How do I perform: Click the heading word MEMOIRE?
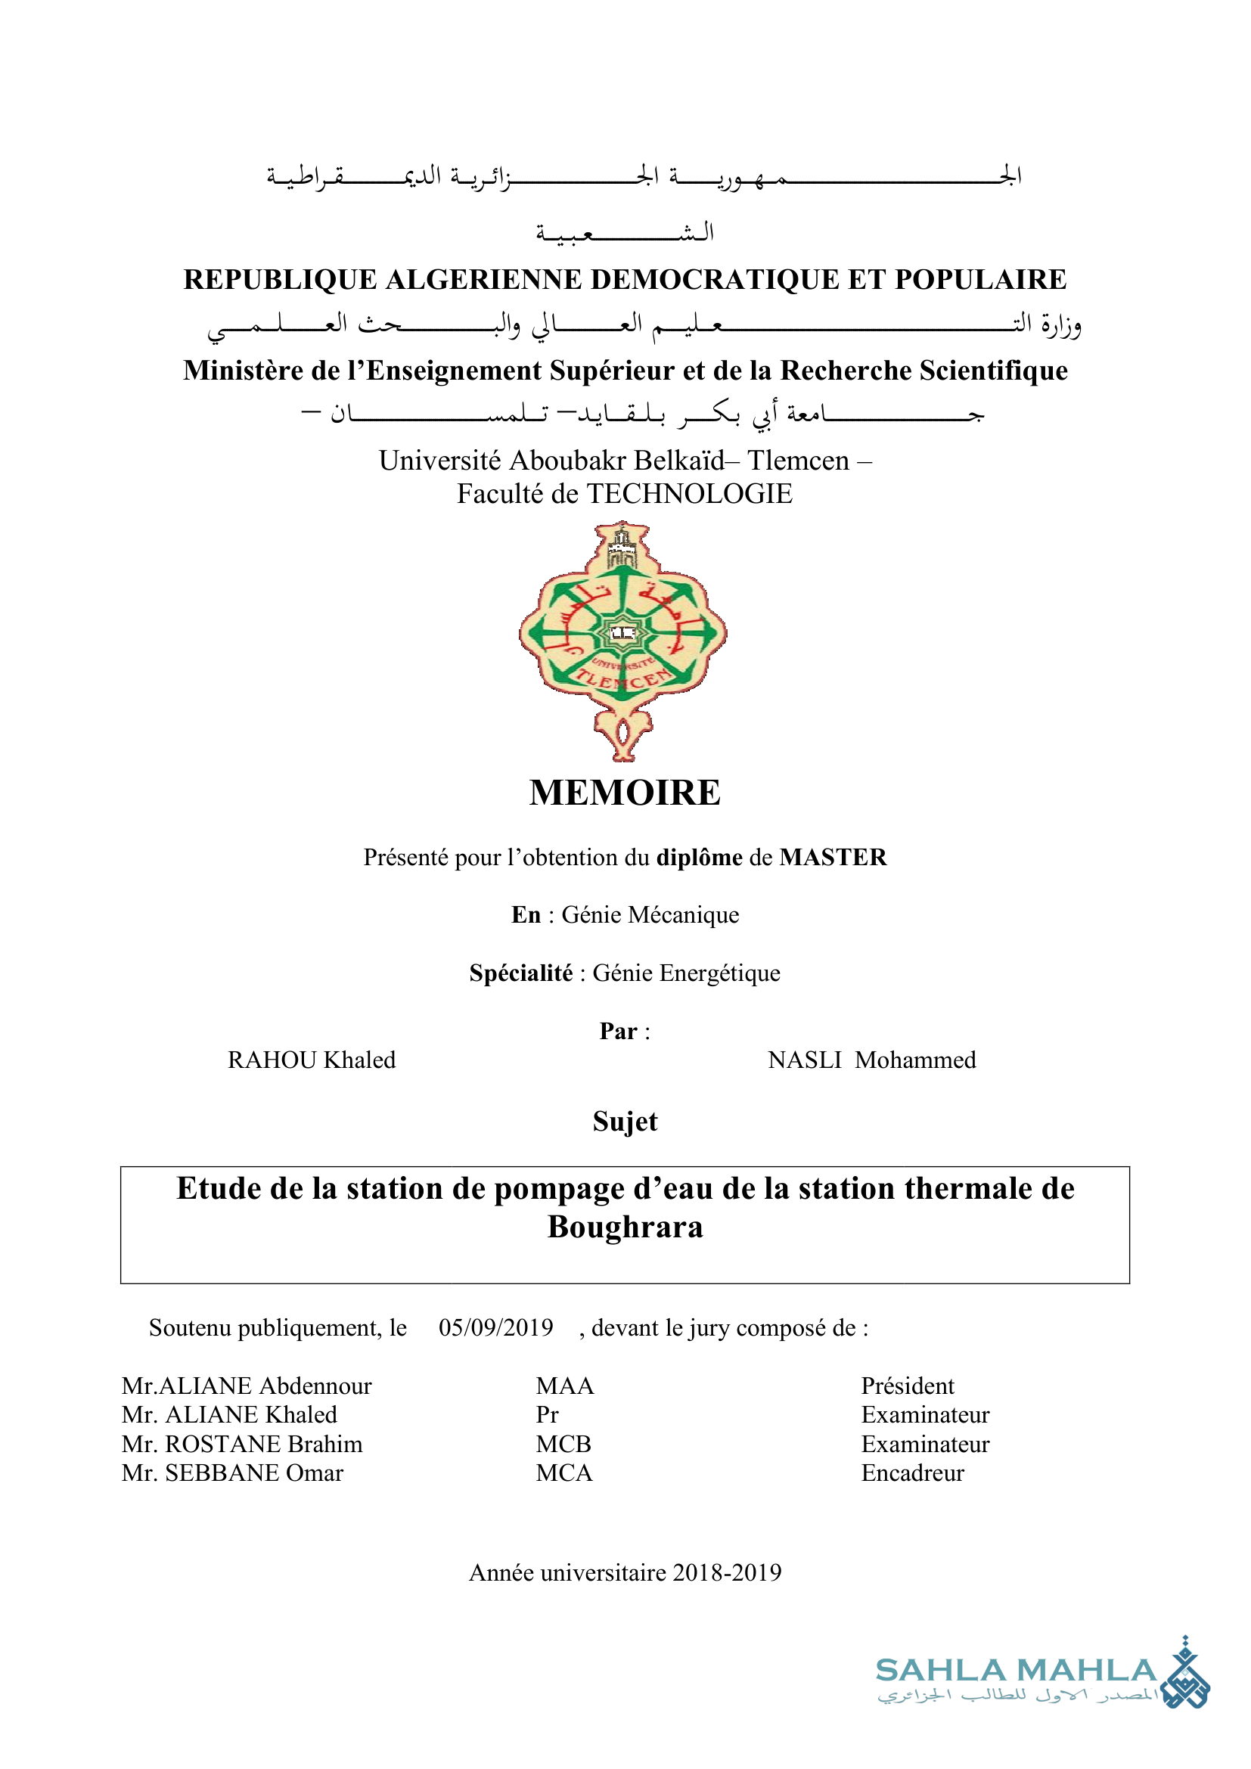click(625, 793)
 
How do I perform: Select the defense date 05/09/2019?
click(496, 1327)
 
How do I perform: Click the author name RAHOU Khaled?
click(311, 1060)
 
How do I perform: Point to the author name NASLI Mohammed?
click(871, 1060)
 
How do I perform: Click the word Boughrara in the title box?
click(625, 1227)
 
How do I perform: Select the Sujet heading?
click(625, 1122)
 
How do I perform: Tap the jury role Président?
click(908, 1386)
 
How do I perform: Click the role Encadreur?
click(912, 1473)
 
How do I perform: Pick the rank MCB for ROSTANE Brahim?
click(564, 1444)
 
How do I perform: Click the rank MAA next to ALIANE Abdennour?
click(565, 1386)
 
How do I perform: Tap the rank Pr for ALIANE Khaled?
click(547, 1415)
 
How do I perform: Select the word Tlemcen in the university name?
click(798, 461)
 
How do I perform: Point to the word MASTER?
click(833, 858)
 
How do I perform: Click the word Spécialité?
click(520, 973)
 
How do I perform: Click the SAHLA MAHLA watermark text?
click(1016, 1671)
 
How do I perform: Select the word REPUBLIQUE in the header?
click(280, 280)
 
